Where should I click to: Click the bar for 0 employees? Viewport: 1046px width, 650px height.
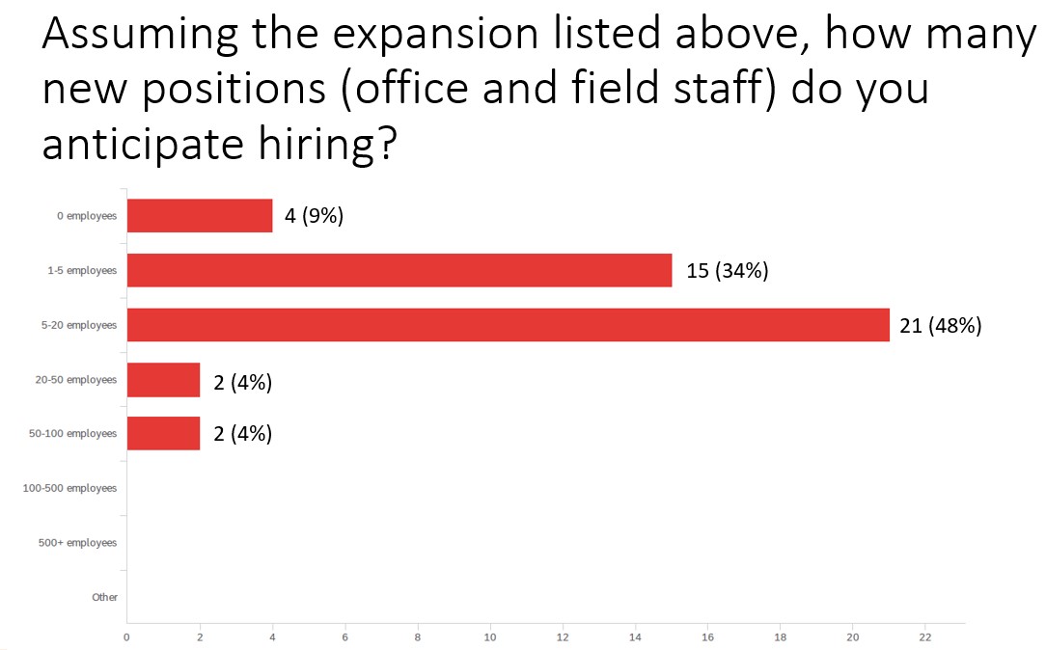pos(200,216)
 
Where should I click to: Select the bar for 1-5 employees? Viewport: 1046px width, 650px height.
pos(399,270)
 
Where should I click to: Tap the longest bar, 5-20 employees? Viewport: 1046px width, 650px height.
pos(508,325)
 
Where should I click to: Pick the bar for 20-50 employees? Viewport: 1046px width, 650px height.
pos(163,380)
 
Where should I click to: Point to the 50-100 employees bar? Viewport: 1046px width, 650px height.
pos(163,434)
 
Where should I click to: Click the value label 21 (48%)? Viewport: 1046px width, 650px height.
pos(940,326)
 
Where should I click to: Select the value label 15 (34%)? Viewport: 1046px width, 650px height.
pos(727,271)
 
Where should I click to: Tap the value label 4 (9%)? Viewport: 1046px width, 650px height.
pos(314,216)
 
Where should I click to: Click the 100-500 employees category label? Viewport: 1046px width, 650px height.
pos(69,488)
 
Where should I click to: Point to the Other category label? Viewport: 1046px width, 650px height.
pos(104,597)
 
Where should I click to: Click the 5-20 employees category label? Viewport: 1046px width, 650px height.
pos(78,325)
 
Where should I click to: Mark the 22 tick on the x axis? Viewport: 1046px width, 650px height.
pos(925,637)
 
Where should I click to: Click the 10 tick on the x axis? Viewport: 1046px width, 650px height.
pos(490,637)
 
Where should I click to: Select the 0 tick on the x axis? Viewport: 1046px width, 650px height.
pos(126,637)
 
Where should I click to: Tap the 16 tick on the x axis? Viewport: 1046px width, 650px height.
pos(707,637)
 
